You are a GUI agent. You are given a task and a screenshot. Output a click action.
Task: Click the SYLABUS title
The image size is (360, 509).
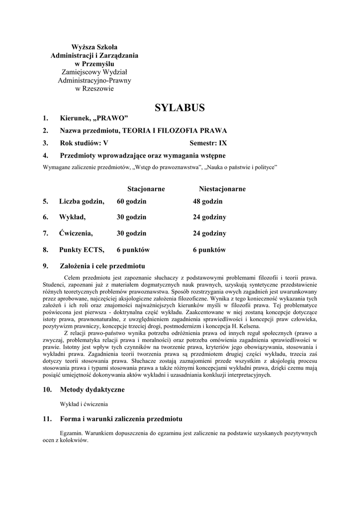(x=180, y=107)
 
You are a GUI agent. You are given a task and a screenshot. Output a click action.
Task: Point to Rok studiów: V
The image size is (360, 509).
(x=84, y=143)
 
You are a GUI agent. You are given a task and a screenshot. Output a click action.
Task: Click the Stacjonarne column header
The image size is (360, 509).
(x=146, y=189)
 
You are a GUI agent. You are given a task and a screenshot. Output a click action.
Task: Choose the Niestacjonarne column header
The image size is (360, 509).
(x=222, y=189)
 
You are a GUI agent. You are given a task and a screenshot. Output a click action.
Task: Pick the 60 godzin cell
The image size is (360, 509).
(x=131, y=201)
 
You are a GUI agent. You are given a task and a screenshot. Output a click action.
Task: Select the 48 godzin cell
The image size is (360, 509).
(x=207, y=201)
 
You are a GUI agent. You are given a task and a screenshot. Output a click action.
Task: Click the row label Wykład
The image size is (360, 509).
(x=73, y=217)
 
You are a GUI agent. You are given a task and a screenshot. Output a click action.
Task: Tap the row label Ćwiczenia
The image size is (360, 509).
(x=76, y=233)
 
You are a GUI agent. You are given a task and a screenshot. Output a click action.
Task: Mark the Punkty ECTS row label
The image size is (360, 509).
(x=82, y=250)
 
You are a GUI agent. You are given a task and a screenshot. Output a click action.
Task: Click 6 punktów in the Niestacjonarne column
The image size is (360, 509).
(x=209, y=250)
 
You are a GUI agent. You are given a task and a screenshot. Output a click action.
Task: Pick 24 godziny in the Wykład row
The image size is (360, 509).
(x=209, y=217)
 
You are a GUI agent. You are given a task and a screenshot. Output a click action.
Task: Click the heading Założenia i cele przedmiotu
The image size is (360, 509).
(x=102, y=266)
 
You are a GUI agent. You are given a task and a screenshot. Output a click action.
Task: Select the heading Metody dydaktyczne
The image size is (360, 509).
(x=92, y=389)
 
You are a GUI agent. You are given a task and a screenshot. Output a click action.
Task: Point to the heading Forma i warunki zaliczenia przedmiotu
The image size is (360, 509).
(x=121, y=419)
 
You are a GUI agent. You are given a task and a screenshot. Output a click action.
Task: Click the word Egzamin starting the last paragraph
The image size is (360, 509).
(x=70, y=433)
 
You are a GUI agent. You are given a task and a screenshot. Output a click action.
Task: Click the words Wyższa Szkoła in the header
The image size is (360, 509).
(x=94, y=47)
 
